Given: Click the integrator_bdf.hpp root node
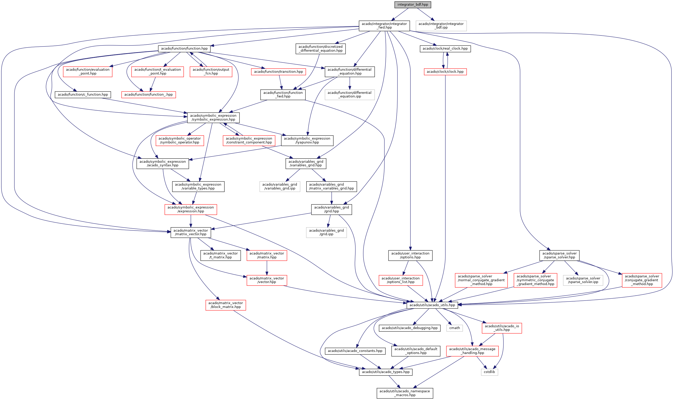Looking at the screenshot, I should click(x=412, y=5).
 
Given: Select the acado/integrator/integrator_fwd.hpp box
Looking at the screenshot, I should click(x=384, y=26).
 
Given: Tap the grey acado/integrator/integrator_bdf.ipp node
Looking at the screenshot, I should click(x=441, y=26).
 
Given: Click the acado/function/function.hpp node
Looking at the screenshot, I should click(x=184, y=49).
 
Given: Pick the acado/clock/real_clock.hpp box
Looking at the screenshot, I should click(x=445, y=49).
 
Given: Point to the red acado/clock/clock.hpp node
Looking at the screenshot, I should click(x=445, y=72).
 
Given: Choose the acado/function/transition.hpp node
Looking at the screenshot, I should click(x=278, y=72).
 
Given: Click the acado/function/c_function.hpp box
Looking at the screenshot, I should click(x=83, y=95).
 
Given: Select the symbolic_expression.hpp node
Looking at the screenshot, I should click(x=213, y=117).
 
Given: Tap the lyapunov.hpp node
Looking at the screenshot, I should click(x=307, y=140).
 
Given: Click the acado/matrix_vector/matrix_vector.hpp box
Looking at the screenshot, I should click(x=190, y=232).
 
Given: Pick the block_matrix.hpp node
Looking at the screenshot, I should click(x=225, y=305).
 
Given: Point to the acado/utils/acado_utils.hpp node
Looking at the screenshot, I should click(x=432, y=305).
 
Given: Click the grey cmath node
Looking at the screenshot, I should click(x=455, y=328).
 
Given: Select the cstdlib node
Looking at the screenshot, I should click(x=489, y=372).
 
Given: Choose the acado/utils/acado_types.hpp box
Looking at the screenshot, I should click(x=385, y=372).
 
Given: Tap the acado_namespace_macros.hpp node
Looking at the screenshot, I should click(x=405, y=393).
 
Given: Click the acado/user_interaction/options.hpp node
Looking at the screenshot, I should click(x=410, y=255).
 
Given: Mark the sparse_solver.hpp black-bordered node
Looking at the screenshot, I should click(x=559, y=255).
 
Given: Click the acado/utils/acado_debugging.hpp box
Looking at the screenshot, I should click(x=410, y=328).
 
